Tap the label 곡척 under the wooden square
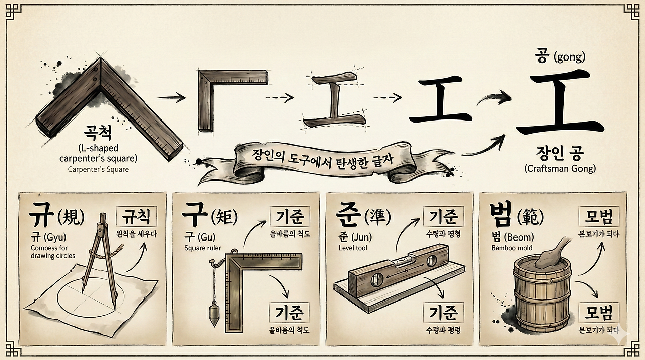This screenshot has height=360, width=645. (98, 134)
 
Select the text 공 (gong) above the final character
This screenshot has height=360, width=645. (560, 57)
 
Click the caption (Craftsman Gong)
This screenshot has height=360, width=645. (560, 168)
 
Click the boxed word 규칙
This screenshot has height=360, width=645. (137, 217)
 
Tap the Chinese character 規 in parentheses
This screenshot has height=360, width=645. (71, 217)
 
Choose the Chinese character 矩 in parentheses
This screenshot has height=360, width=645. (225, 217)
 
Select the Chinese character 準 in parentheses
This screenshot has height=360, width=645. (378, 217)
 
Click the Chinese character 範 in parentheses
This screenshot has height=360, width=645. (531, 217)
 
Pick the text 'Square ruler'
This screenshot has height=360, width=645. (203, 248)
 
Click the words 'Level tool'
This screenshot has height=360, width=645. (353, 248)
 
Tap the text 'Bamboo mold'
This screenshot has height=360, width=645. (511, 248)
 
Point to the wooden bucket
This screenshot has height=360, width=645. (542, 299)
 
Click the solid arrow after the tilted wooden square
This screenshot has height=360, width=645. (172, 97)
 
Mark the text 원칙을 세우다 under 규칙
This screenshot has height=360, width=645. (137, 234)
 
